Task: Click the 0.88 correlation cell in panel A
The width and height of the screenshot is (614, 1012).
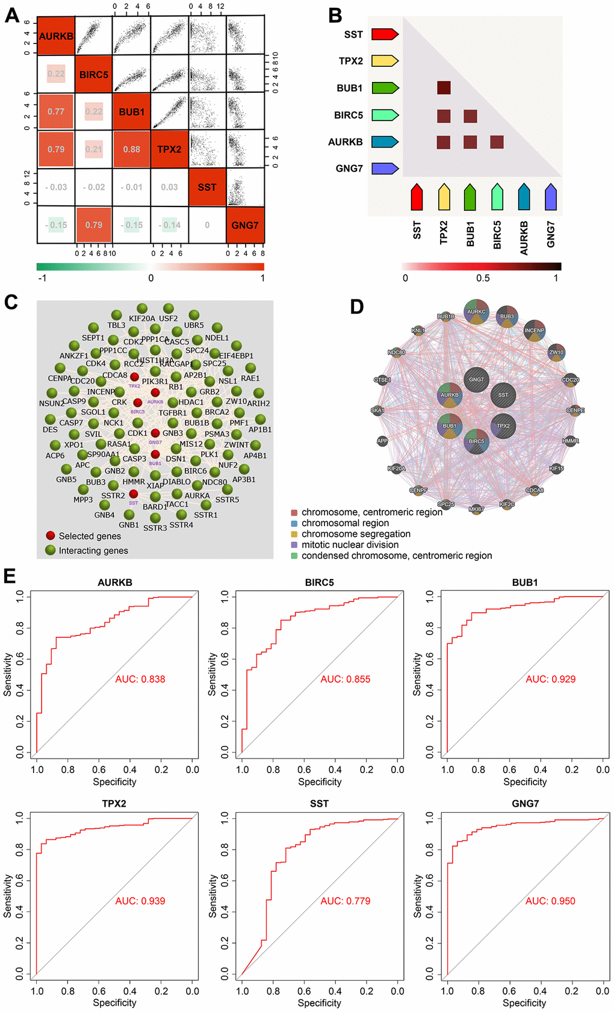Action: pyautogui.click(x=131, y=149)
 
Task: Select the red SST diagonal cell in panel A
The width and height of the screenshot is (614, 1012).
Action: pyautogui.click(x=207, y=187)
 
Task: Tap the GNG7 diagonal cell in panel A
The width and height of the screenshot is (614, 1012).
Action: pyautogui.click(x=245, y=225)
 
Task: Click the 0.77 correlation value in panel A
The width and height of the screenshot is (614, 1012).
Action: pyautogui.click(x=56, y=111)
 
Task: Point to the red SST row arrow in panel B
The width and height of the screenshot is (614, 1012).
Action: pyautogui.click(x=385, y=34)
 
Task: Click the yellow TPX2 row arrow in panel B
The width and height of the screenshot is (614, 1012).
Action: pyautogui.click(x=385, y=61)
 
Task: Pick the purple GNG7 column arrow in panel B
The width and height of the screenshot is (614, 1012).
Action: pyautogui.click(x=550, y=197)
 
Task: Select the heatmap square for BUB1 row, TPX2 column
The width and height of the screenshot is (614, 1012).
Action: pyautogui.click(x=444, y=88)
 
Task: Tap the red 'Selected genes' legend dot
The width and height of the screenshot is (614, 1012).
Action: pyautogui.click(x=51, y=535)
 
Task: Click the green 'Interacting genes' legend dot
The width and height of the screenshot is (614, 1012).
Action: pyautogui.click(x=51, y=550)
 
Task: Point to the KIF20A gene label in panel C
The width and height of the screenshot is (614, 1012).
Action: pyautogui.click(x=142, y=318)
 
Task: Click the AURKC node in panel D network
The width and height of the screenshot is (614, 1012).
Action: pyautogui.click(x=476, y=311)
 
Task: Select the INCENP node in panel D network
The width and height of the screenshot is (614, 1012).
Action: pyautogui.click(x=534, y=331)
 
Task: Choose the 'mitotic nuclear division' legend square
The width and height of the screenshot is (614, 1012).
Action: pyautogui.click(x=294, y=545)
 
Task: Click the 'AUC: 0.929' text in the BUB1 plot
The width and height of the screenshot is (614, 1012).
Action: pyautogui.click(x=550, y=679)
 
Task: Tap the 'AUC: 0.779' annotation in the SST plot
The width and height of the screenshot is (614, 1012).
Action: pyautogui.click(x=345, y=901)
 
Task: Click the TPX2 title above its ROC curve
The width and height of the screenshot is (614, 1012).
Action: pyautogui.click(x=114, y=804)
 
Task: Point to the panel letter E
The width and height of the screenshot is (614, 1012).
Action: pyautogui.click(x=10, y=576)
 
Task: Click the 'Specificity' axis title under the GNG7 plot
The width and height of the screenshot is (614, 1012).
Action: pyautogui.click(x=524, y=1003)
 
